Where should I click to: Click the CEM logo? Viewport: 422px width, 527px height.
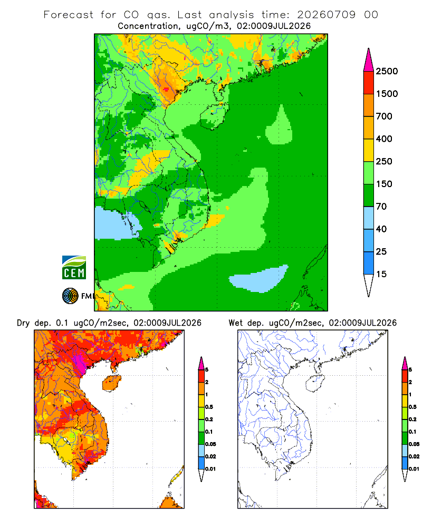(74, 268)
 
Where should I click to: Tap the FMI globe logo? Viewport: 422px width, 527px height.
(70, 296)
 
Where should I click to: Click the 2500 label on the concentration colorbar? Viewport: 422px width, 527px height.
(387, 71)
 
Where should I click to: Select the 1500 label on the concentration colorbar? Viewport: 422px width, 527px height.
(387, 94)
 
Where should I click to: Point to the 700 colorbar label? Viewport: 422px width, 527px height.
(384, 116)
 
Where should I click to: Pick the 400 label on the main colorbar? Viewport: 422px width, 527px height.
(384, 139)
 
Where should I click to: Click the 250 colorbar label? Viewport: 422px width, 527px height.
(384, 161)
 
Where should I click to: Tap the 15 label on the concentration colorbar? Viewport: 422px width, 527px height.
(381, 274)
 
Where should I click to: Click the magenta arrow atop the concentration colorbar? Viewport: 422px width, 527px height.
(369, 60)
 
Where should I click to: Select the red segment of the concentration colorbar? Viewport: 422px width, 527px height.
(369, 83)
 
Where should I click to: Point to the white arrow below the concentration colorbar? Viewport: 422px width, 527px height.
(369, 286)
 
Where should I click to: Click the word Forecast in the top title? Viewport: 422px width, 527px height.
(69, 15)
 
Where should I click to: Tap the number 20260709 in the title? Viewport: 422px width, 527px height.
(326, 15)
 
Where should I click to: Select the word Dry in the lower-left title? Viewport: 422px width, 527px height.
(24, 323)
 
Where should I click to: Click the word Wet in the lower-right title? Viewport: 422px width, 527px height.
(235, 323)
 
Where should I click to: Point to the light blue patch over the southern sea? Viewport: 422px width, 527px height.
(259, 279)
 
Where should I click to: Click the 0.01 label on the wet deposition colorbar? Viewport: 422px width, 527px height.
(414, 469)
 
